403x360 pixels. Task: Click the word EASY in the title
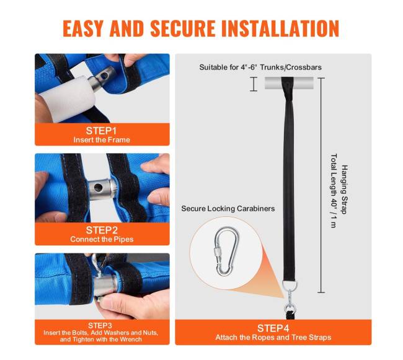point(82,29)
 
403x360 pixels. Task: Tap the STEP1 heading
point(101,131)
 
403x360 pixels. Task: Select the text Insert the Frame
point(102,140)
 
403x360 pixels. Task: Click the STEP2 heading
point(102,230)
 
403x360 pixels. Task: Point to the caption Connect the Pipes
point(102,239)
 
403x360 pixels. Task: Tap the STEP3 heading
point(100,325)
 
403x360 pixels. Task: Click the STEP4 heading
point(273,328)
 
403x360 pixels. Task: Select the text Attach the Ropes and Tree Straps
point(273,338)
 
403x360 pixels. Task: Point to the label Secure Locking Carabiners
point(228,208)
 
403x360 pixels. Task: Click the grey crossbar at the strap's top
point(289,83)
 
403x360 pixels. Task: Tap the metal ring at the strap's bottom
point(290,285)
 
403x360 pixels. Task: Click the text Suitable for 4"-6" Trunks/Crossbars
point(260,68)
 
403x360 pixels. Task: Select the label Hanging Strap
point(344,190)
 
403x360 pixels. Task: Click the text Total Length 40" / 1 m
point(334,191)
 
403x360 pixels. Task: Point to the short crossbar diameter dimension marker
point(254,84)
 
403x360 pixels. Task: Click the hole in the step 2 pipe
point(99,188)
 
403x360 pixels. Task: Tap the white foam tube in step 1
point(71,99)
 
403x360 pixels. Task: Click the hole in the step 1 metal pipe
point(105,76)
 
